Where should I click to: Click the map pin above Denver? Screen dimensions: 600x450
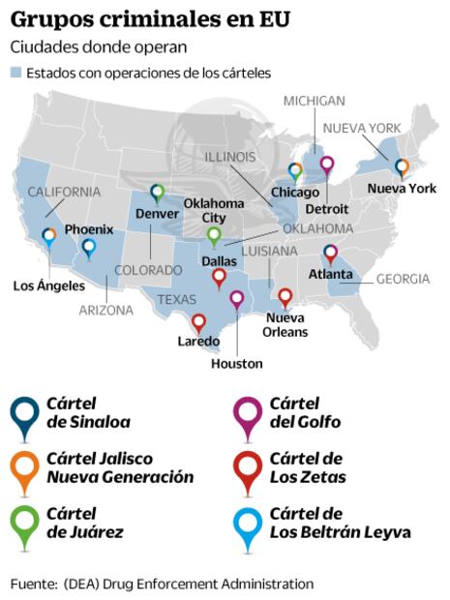click(x=158, y=193)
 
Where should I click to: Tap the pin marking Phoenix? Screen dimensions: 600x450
click(x=89, y=248)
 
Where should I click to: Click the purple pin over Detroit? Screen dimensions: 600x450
click(x=326, y=165)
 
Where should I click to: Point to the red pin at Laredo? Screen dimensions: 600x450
click(x=198, y=322)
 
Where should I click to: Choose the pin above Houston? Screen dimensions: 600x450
click(x=237, y=299)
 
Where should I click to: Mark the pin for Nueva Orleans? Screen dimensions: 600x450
click(x=285, y=297)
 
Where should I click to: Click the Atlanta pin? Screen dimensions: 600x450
click(x=330, y=254)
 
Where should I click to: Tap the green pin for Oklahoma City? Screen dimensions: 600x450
click(x=214, y=235)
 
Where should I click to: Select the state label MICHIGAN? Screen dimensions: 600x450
click(x=315, y=101)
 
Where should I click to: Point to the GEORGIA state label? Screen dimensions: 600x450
click(x=403, y=279)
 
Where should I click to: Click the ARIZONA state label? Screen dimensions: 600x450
click(x=106, y=311)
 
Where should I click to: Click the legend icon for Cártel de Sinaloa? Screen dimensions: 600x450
click(x=24, y=413)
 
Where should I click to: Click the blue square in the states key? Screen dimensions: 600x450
click(x=15, y=73)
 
